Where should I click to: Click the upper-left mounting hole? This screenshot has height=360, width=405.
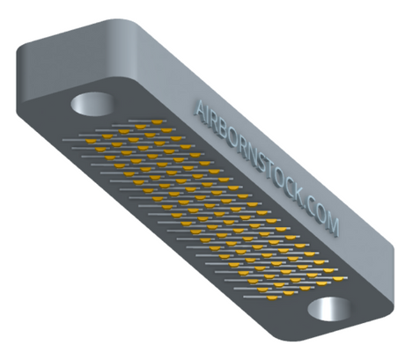[92, 105]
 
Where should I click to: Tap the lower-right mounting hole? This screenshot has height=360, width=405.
[329, 310]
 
